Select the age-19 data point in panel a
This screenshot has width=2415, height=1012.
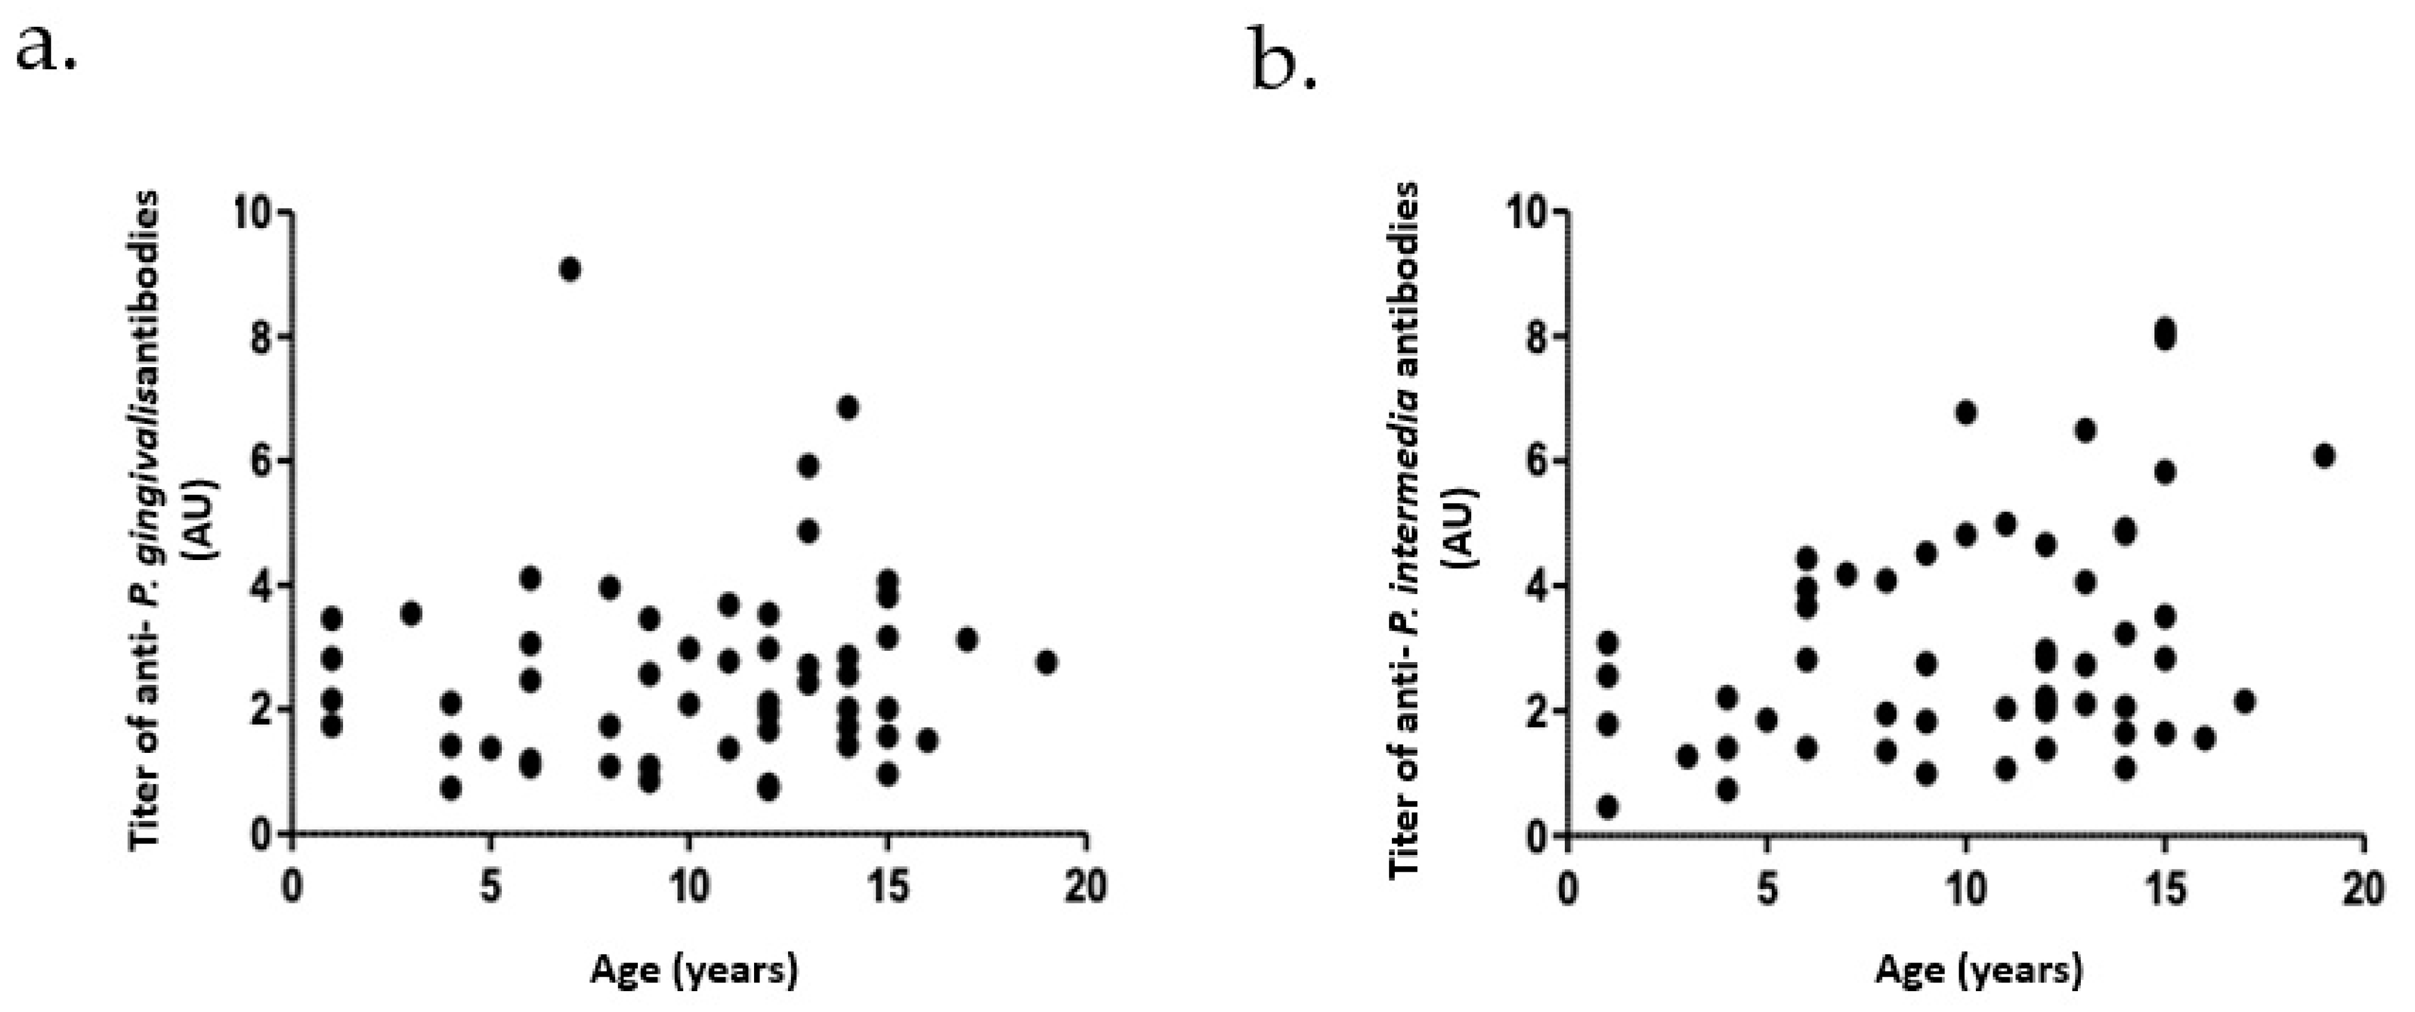[1047, 662]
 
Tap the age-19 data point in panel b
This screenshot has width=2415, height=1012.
[2323, 456]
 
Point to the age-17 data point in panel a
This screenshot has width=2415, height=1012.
[968, 639]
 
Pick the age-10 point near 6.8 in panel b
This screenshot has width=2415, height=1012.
[1966, 413]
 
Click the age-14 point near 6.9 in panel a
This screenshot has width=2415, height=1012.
[848, 407]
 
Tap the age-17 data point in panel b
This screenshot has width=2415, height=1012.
[2243, 702]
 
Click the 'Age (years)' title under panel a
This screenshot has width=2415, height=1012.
[694, 969]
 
